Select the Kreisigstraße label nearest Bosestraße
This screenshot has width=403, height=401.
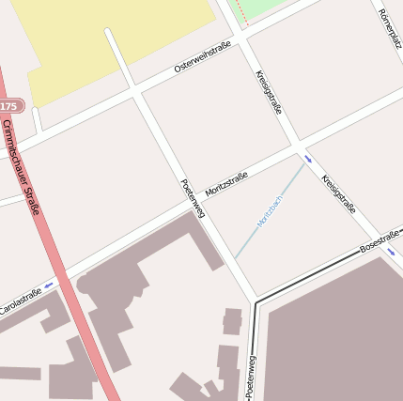tap(338, 194)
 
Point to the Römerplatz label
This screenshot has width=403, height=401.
tap(388, 29)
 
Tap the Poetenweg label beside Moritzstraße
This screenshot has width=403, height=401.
tap(192, 198)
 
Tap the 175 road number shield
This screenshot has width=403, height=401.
tap(8, 105)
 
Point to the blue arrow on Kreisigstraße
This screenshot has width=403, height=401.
tap(307, 159)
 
